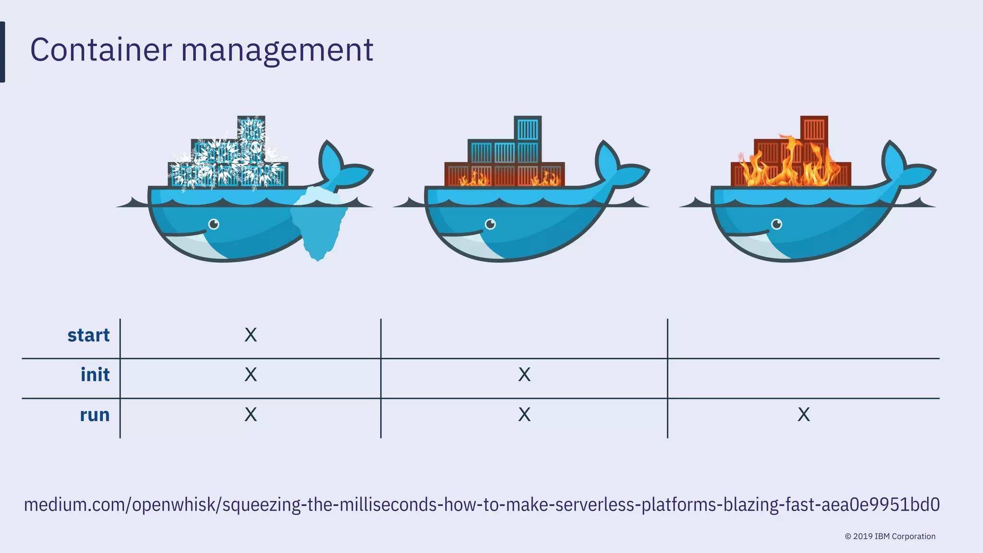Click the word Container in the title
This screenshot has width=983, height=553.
pos(101,50)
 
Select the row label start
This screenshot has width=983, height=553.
pos(88,335)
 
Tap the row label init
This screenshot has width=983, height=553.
pos(95,375)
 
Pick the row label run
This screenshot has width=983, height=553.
pos(95,415)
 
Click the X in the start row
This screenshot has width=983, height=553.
pos(251,335)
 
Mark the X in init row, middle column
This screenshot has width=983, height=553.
pos(524,374)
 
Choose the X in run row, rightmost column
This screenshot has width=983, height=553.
pos(803,414)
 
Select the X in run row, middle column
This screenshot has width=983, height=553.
pos(524,414)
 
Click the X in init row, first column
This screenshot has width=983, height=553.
pos(251,374)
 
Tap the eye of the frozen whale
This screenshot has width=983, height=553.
pos(214,224)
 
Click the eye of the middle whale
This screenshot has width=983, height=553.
pos(490,224)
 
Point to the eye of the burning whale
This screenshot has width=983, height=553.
pos(777,224)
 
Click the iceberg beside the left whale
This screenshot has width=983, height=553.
pos(319,221)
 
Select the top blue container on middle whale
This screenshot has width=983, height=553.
pos(528,129)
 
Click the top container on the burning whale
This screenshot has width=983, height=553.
pos(814,128)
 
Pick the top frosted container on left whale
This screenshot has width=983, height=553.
pos(251,129)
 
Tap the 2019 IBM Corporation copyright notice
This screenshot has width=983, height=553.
pos(890,536)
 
